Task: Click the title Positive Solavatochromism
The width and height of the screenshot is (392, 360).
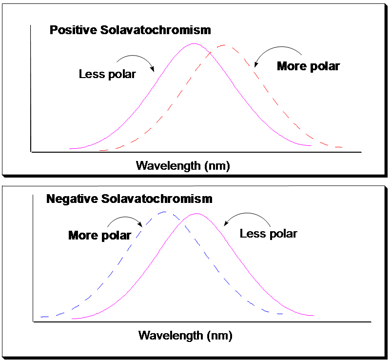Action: pos(130,30)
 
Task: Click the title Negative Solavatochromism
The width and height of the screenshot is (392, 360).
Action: pos(129,199)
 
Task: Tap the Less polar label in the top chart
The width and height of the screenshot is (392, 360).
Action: pos(107,74)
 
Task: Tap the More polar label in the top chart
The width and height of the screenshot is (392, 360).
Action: pos(308,66)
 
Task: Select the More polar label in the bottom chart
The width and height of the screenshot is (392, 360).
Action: pos(99,236)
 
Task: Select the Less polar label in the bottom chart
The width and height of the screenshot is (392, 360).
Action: pos(268,234)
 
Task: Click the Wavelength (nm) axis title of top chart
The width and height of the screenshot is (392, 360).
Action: pos(183,165)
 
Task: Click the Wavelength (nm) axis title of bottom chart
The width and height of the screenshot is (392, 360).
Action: pos(185,336)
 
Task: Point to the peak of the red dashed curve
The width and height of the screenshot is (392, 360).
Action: pos(224,45)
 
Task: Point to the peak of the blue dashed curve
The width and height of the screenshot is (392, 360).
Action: pos(165,212)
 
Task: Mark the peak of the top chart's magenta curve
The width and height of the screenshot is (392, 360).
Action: pos(194,44)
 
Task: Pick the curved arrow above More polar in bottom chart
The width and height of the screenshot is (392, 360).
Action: pos(128,220)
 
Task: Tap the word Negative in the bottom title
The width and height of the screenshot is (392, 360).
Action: pos(72,199)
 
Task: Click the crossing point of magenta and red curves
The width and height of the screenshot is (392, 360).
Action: pos(209,52)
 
